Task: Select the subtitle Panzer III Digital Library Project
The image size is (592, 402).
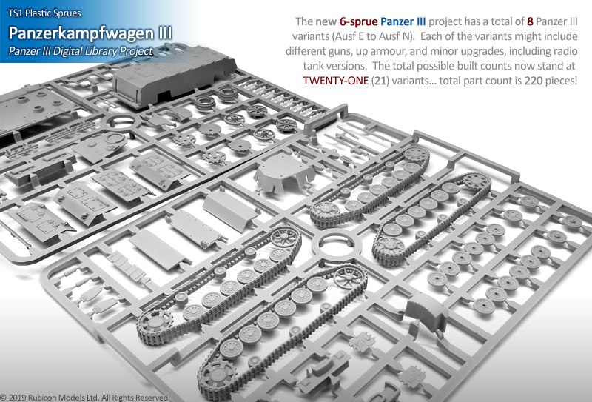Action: coord(81,51)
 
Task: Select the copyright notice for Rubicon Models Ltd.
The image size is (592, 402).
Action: coord(87,397)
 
